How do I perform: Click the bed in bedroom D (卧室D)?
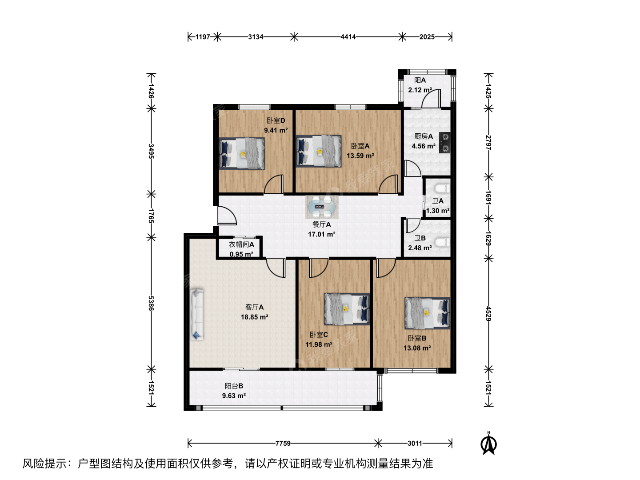[242, 153]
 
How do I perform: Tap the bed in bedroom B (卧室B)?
[427, 313]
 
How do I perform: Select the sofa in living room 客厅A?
[197, 314]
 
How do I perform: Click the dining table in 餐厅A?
[322, 207]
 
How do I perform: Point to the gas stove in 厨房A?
[444, 143]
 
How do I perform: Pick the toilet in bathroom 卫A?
[442, 188]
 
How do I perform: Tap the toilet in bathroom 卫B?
[442, 242]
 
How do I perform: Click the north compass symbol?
[489, 443]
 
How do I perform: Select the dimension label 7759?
[283, 443]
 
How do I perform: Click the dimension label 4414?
[348, 37]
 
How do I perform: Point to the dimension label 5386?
[151, 303]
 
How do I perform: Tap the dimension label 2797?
[489, 143]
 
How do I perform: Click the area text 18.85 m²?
[254, 317]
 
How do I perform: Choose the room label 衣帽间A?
[241, 244]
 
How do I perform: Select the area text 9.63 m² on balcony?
[234, 396]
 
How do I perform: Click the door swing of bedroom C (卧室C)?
[319, 268]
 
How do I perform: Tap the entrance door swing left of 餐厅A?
[227, 216]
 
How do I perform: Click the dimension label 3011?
[415, 443]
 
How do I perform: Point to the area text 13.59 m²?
[360, 156]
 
